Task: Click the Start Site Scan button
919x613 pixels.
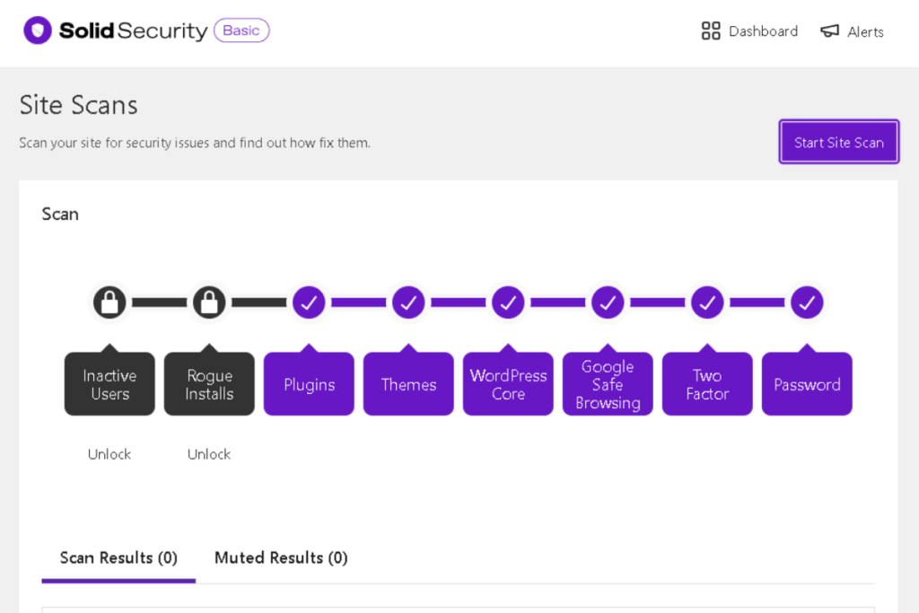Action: tap(838, 143)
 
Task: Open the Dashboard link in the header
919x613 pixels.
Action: tap(749, 31)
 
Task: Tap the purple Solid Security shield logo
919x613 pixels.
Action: tap(38, 31)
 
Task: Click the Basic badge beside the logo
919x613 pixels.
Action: tap(241, 31)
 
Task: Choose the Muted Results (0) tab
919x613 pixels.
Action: tap(281, 557)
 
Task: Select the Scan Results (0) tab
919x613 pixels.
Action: tap(118, 557)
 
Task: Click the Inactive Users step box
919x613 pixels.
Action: tap(109, 384)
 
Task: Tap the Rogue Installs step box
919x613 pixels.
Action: tap(209, 384)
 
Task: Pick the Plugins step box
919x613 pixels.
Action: tap(309, 384)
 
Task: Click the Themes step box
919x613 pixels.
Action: tap(408, 384)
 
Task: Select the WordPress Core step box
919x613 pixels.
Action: tap(508, 384)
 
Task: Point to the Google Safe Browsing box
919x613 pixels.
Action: tap(608, 384)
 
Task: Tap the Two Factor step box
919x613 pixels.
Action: tap(707, 384)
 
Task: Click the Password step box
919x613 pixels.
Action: tap(807, 384)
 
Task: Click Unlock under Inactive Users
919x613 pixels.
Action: tap(109, 454)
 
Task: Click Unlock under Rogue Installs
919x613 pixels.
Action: tap(209, 454)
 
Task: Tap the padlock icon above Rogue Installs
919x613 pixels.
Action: tap(209, 302)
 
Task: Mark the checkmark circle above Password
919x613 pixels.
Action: tap(807, 302)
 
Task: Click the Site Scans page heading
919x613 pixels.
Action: tap(79, 105)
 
